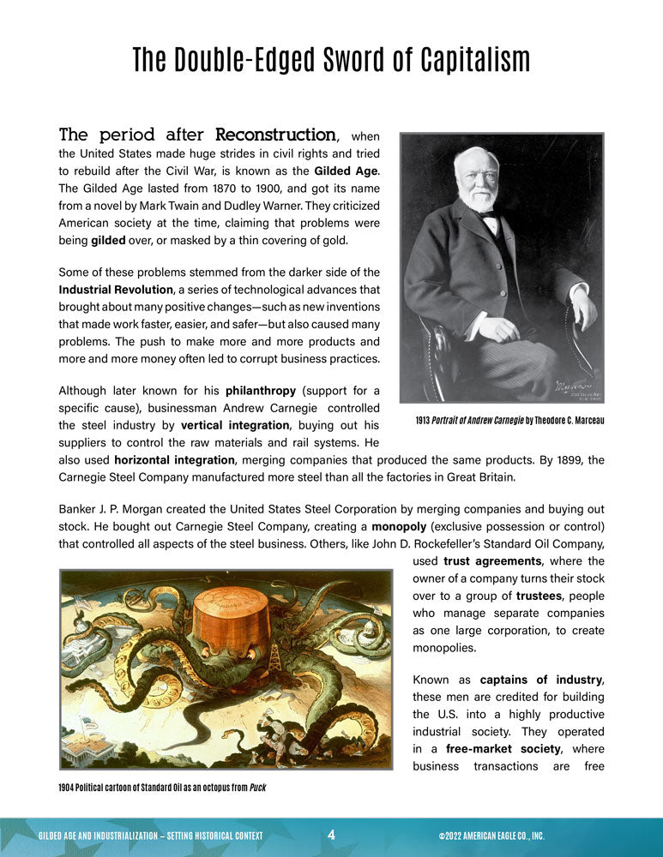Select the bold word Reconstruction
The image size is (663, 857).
pos(274,135)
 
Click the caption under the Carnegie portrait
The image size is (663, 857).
pos(509,421)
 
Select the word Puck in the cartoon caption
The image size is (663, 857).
pos(257,787)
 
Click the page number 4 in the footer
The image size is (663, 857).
pos(331,834)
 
